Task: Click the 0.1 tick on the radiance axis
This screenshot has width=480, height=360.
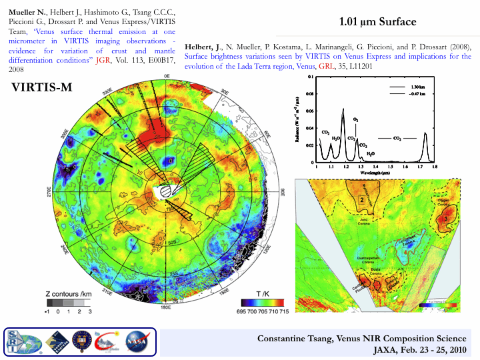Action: (311, 77)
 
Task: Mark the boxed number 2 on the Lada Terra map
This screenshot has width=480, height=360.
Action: (362, 199)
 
